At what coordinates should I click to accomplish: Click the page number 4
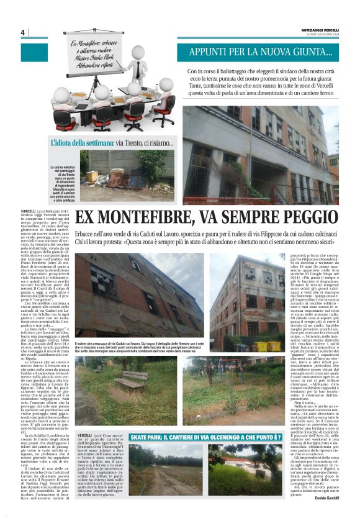(x=22, y=33)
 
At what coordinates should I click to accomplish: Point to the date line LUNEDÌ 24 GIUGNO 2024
(x=319, y=34)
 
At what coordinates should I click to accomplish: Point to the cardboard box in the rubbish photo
(x=92, y=176)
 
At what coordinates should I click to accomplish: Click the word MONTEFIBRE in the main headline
(x=158, y=217)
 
